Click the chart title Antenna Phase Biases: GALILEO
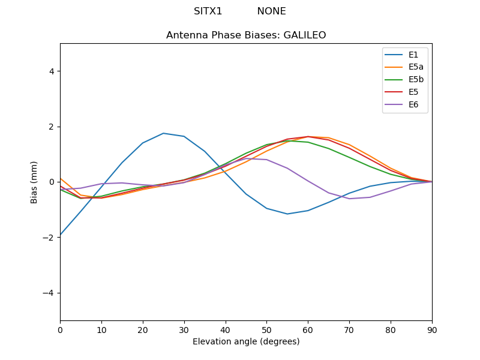246,35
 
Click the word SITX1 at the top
208,11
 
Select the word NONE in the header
271,11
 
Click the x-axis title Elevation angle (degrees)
246,342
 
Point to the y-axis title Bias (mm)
34,182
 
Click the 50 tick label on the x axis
266,329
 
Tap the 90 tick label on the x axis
432,329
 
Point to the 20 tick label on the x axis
143,329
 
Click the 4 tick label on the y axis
51,71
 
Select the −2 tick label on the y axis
49,238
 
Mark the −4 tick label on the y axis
49,293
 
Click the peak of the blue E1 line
163,133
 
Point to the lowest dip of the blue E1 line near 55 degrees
287,214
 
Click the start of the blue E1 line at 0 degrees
61,235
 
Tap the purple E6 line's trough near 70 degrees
349,199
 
